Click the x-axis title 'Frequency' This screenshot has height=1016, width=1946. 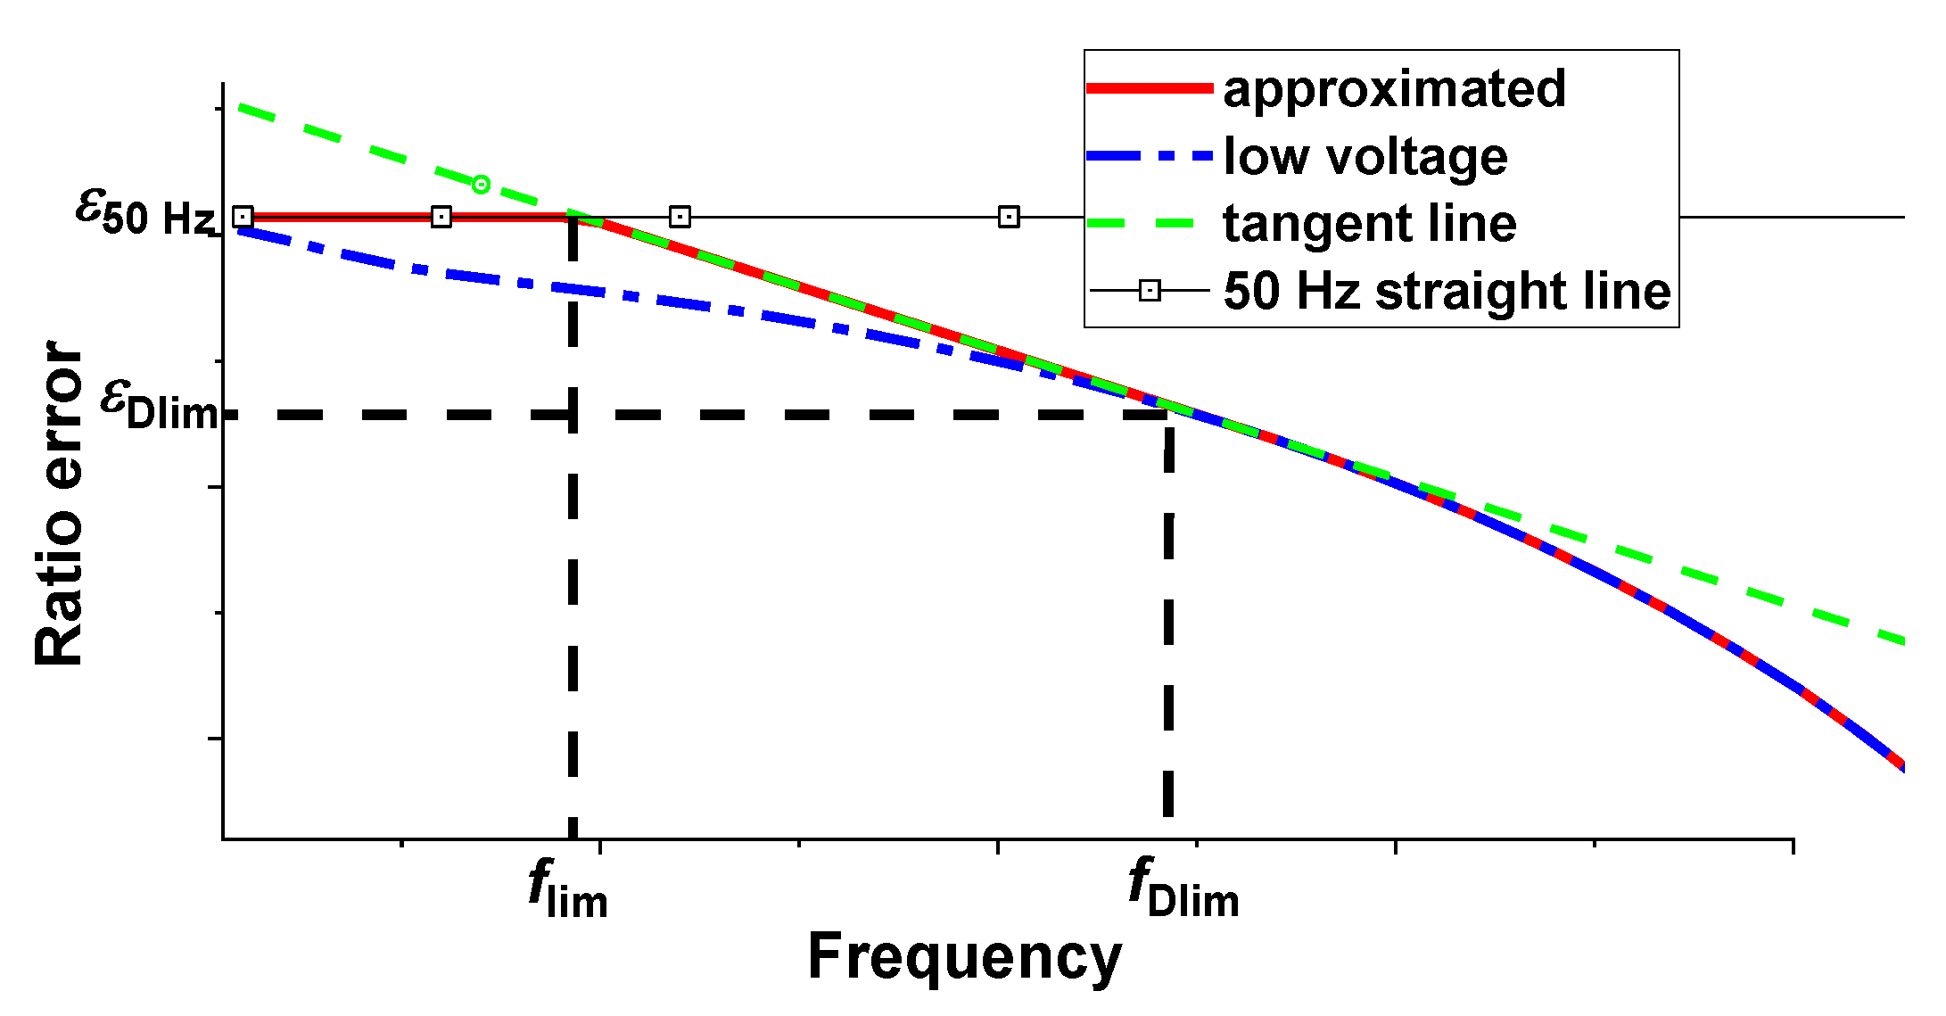click(x=964, y=957)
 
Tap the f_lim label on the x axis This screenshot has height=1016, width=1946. click(x=568, y=889)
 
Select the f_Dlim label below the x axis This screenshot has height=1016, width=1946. click(x=1183, y=889)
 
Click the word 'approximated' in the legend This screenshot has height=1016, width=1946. click(x=1394, y=89)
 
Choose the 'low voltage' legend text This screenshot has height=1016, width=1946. click(x=1365, y=157)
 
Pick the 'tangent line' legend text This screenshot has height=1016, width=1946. click(x=1370, y=224)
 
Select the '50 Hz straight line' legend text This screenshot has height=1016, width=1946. click(x=1447, y=292)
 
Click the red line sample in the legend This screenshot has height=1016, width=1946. click(x=1150, y=88)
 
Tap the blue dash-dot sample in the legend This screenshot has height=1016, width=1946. click(x=1150, y=156)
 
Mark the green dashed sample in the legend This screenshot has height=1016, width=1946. click(x=1150, y=224)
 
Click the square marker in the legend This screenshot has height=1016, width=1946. click(x=1150, y=291)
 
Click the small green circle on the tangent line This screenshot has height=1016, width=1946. click(x=481, y=185)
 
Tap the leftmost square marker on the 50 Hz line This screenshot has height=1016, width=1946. click(x=243, y=217)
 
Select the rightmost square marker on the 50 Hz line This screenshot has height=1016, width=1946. click(x=1009, y=217)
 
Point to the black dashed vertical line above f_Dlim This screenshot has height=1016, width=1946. click(x=1168, y=624)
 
